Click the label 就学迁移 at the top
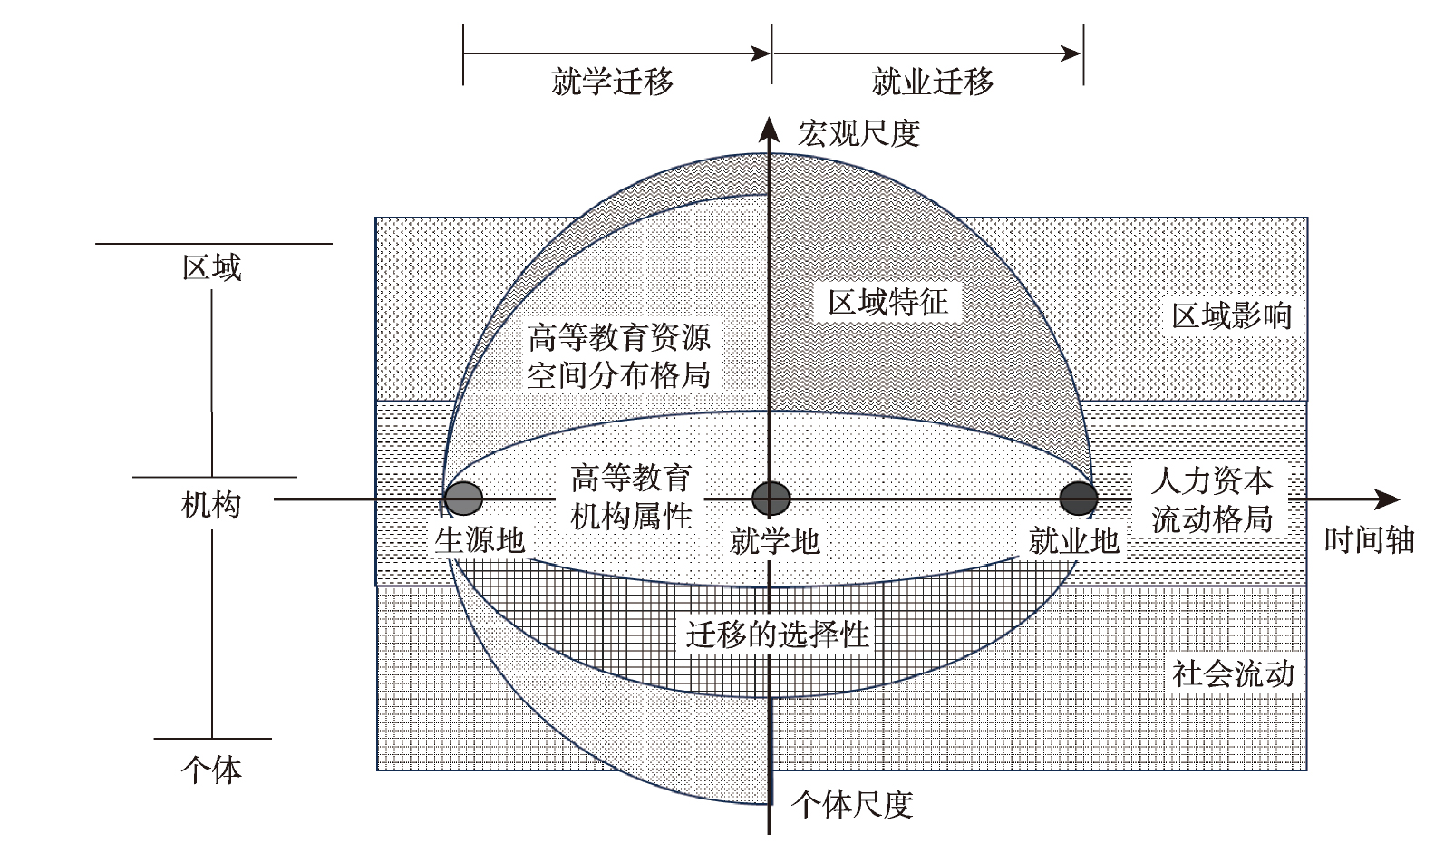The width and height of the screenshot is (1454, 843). coord(612,82)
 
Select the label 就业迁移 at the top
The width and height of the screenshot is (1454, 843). coord(932,82)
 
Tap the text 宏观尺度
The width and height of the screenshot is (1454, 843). coord(858,134)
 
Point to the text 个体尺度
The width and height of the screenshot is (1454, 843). coord(852,804)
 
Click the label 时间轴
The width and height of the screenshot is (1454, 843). coord(1369,540)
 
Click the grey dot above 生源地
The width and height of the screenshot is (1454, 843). coord(463,498)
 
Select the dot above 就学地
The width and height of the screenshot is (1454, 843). coord(771,498)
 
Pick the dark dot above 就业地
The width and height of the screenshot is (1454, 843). coord(1079,498)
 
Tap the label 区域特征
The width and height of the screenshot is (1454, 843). coord(887,302)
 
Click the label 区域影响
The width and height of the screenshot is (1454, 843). coord(1231,316)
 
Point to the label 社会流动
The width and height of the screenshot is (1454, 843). coord(1232,674)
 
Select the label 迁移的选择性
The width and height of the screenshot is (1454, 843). coord(777,635)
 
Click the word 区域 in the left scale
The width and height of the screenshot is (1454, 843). coord(212,268)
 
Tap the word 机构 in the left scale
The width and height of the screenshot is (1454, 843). coord(212,504)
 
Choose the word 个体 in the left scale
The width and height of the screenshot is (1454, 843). coord(212,770)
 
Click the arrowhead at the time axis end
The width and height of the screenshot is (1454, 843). coord(1390,499)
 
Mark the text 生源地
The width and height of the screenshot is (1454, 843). coord(480,540)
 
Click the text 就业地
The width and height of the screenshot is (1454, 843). coord(1074,541)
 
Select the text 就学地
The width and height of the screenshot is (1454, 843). coord(774,542)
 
